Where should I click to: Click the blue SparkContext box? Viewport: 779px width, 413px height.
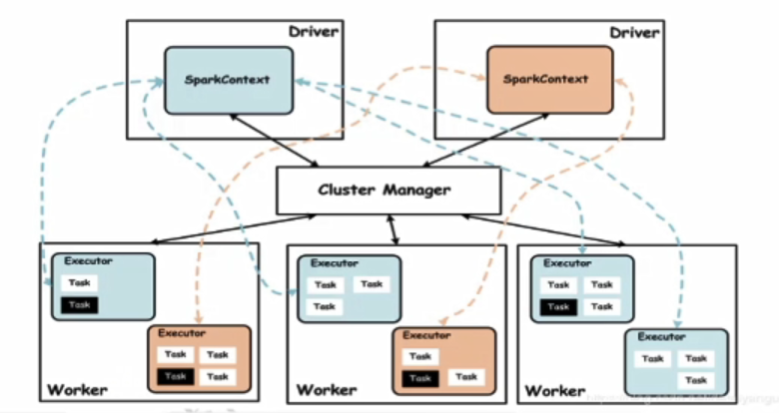[x=229, y=79]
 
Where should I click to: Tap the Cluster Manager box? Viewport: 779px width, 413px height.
[x=389, y=190]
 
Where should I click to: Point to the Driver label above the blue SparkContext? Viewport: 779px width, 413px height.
[x=314, y=32]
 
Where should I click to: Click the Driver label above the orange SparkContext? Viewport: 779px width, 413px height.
[x=634, y=32]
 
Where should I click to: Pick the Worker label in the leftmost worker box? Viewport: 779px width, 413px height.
[x=77, y=389]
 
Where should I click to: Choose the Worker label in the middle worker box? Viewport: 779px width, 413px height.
[x=327, y=389]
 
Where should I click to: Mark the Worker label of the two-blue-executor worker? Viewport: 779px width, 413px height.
[x=556, y=389]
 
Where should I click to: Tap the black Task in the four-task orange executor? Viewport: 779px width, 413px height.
[x=176, y=376]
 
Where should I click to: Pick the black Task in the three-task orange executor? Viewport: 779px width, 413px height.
[x=419, y=377]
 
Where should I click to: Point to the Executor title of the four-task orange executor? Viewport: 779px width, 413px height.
[x=182, y=333]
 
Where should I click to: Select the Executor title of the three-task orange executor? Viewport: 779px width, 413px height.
[x=427, y=336]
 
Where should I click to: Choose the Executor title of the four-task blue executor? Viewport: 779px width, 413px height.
[x=565, y=262]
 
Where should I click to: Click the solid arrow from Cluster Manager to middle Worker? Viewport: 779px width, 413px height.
[x=393, y=228]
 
